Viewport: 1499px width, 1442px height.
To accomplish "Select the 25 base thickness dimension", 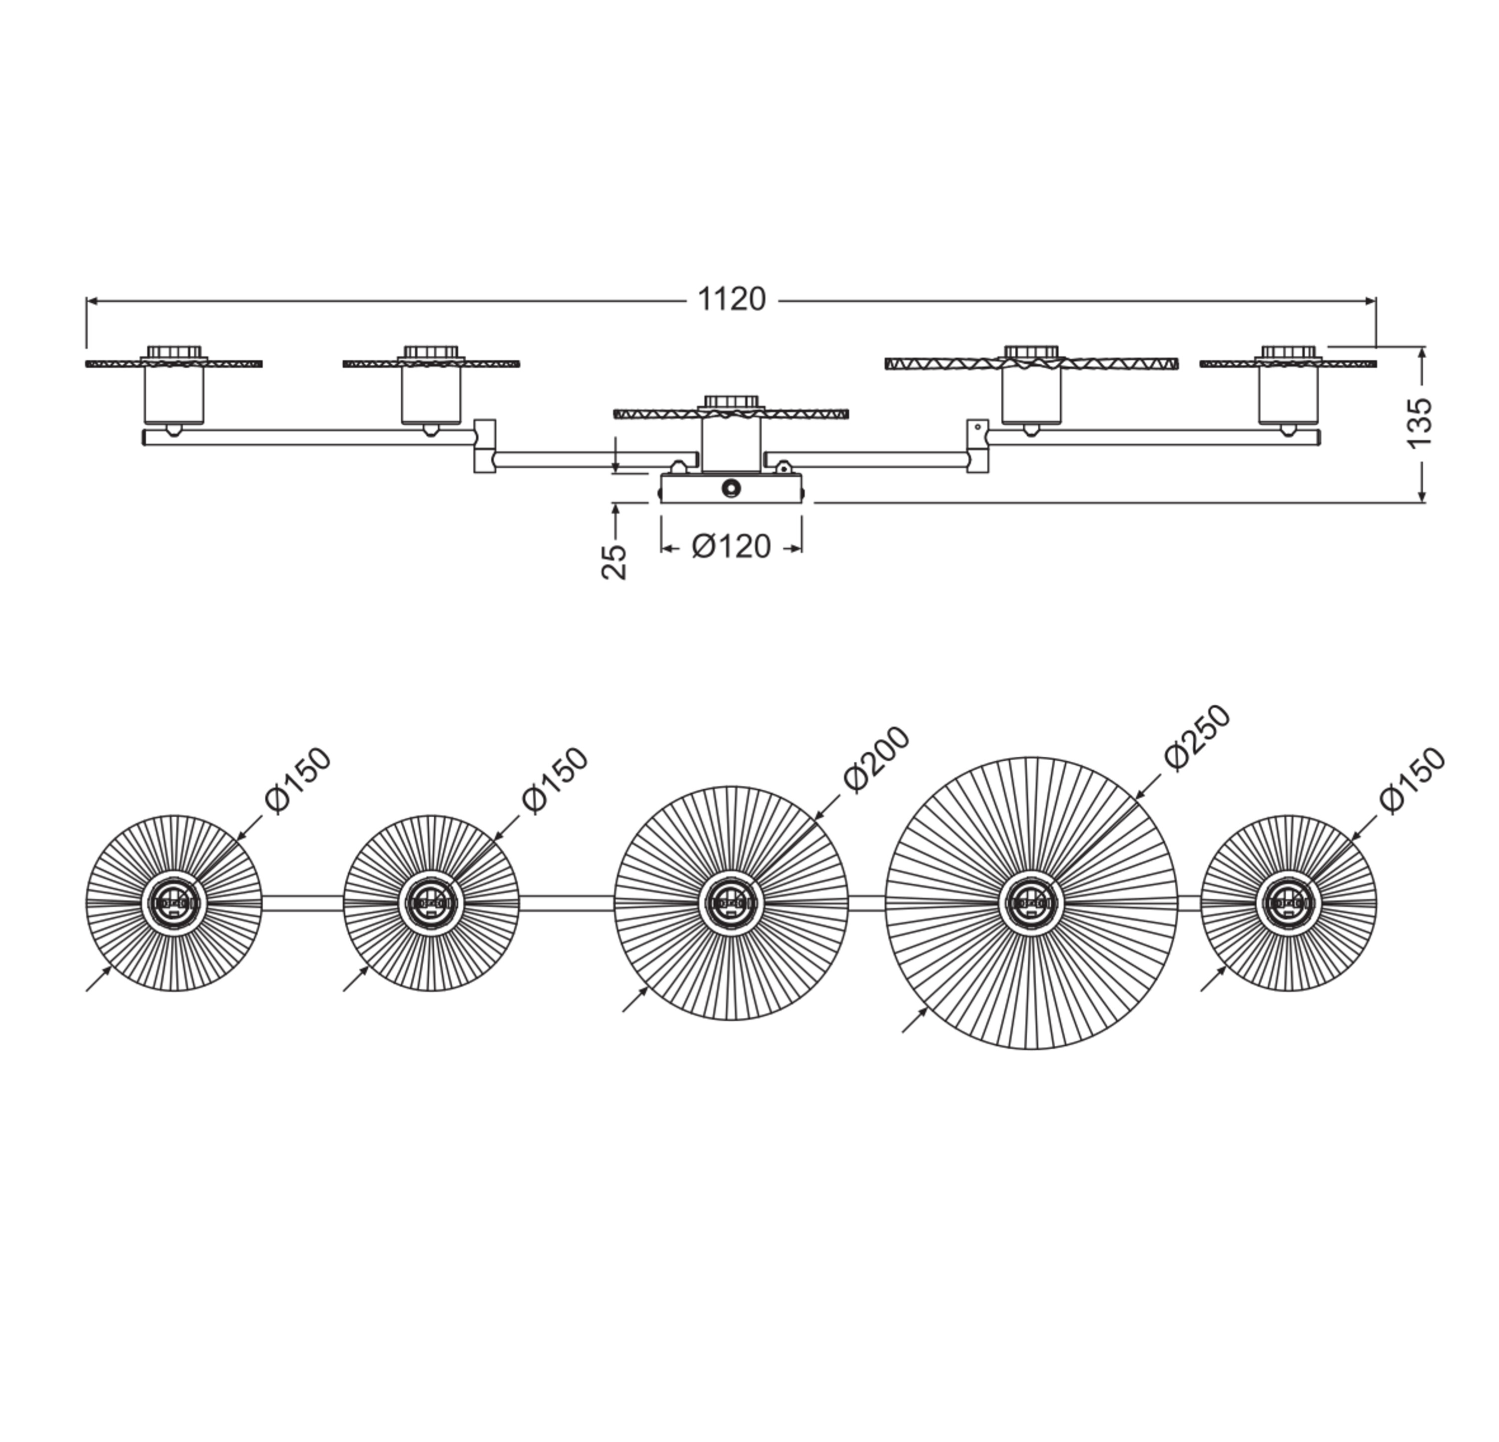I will point(614,562).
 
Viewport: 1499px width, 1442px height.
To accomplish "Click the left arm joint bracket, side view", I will point(484,445).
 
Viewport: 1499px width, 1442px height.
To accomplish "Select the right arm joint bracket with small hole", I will point(977,445).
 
